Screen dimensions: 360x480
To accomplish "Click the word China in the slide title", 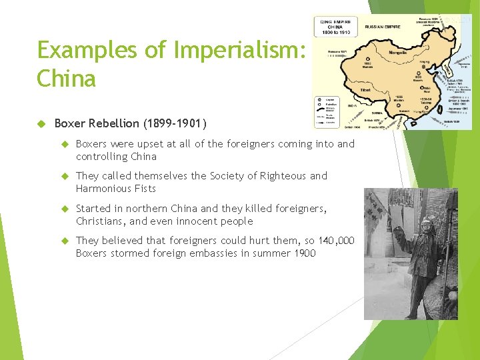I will [67, 79].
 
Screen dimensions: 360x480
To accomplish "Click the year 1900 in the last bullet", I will [303, 253].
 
